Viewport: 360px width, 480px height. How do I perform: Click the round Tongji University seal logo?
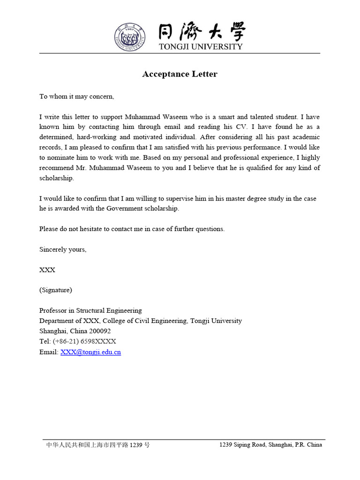(x=129, y=36)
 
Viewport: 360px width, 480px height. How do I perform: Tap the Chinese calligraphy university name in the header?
(x=201, y=32)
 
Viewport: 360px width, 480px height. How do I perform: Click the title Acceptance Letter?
(x=180, y=74)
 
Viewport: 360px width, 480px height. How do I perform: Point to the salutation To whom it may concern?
(x=76, y=97)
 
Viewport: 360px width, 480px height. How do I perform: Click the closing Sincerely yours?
(x=63, y=250)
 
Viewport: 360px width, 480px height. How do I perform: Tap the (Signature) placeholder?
(x=56, y=290)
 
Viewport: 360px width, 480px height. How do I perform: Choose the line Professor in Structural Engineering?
(x=90, y=311)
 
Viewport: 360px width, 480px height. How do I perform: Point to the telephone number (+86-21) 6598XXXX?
(x=84, y=342)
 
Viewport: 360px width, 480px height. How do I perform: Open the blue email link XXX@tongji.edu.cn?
(x=90, y=352)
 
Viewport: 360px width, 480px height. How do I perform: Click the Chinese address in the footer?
(x=97, y=445)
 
